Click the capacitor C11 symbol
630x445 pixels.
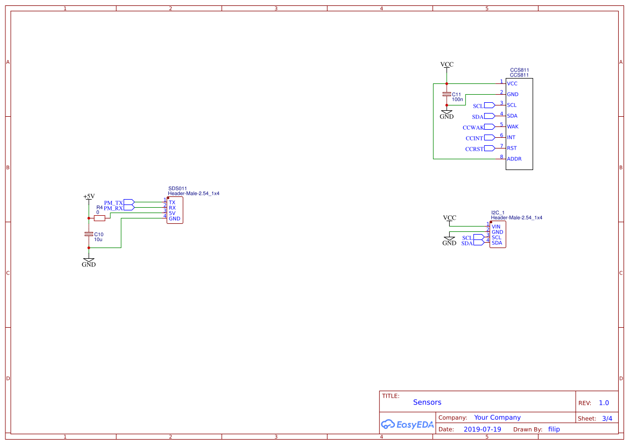[x=446, y=94]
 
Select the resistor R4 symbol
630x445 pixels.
[x=100, y=218]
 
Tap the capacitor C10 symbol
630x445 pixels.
[x=89, y=234]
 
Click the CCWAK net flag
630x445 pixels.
[x=489, y=127]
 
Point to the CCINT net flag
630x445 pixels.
[x=489, y=138]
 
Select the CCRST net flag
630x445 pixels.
[x=489, y=149]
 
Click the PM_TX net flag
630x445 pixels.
[x=129, y=202]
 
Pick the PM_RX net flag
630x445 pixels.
[x=129, y=208]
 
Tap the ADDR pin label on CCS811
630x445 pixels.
[x=514, y=159]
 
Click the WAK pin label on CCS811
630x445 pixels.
[x=513, y=127]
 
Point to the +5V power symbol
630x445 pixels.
[x=89, y=197]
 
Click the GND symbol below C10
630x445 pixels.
[x=89, y=263]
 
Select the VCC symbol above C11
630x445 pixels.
[x=447, y=65]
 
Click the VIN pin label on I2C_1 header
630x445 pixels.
[x=496, y=227]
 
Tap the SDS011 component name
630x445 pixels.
[x=178, y=188]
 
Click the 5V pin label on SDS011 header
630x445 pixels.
[x=172, y=213]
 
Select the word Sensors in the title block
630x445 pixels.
[x=427, y=402]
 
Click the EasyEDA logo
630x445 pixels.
[x=407, y=425]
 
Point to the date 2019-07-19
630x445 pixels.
[x=482, y=429]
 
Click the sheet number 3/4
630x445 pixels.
[x=607, y=418]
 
